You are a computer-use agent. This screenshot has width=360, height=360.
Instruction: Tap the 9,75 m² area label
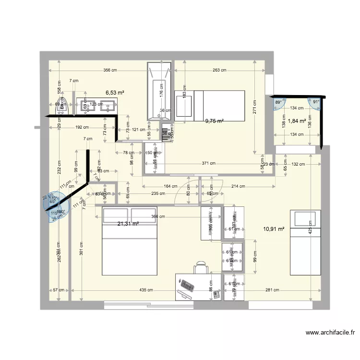pos(215,121)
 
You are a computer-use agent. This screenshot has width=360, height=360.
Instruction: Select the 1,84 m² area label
pos(297,121)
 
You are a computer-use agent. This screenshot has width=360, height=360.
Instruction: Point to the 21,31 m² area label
pos(128,223)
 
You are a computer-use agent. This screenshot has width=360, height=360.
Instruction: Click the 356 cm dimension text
pos(110,71)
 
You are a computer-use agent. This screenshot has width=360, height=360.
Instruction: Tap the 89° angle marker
pos(278,102)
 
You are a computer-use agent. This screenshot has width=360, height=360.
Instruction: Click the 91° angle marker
pos(315,102)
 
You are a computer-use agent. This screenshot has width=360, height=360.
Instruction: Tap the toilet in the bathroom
pos(62,107)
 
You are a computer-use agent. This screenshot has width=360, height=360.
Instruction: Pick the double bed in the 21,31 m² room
pos(130,241)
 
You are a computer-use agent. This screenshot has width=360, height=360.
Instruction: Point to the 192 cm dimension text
pos(82,128)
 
